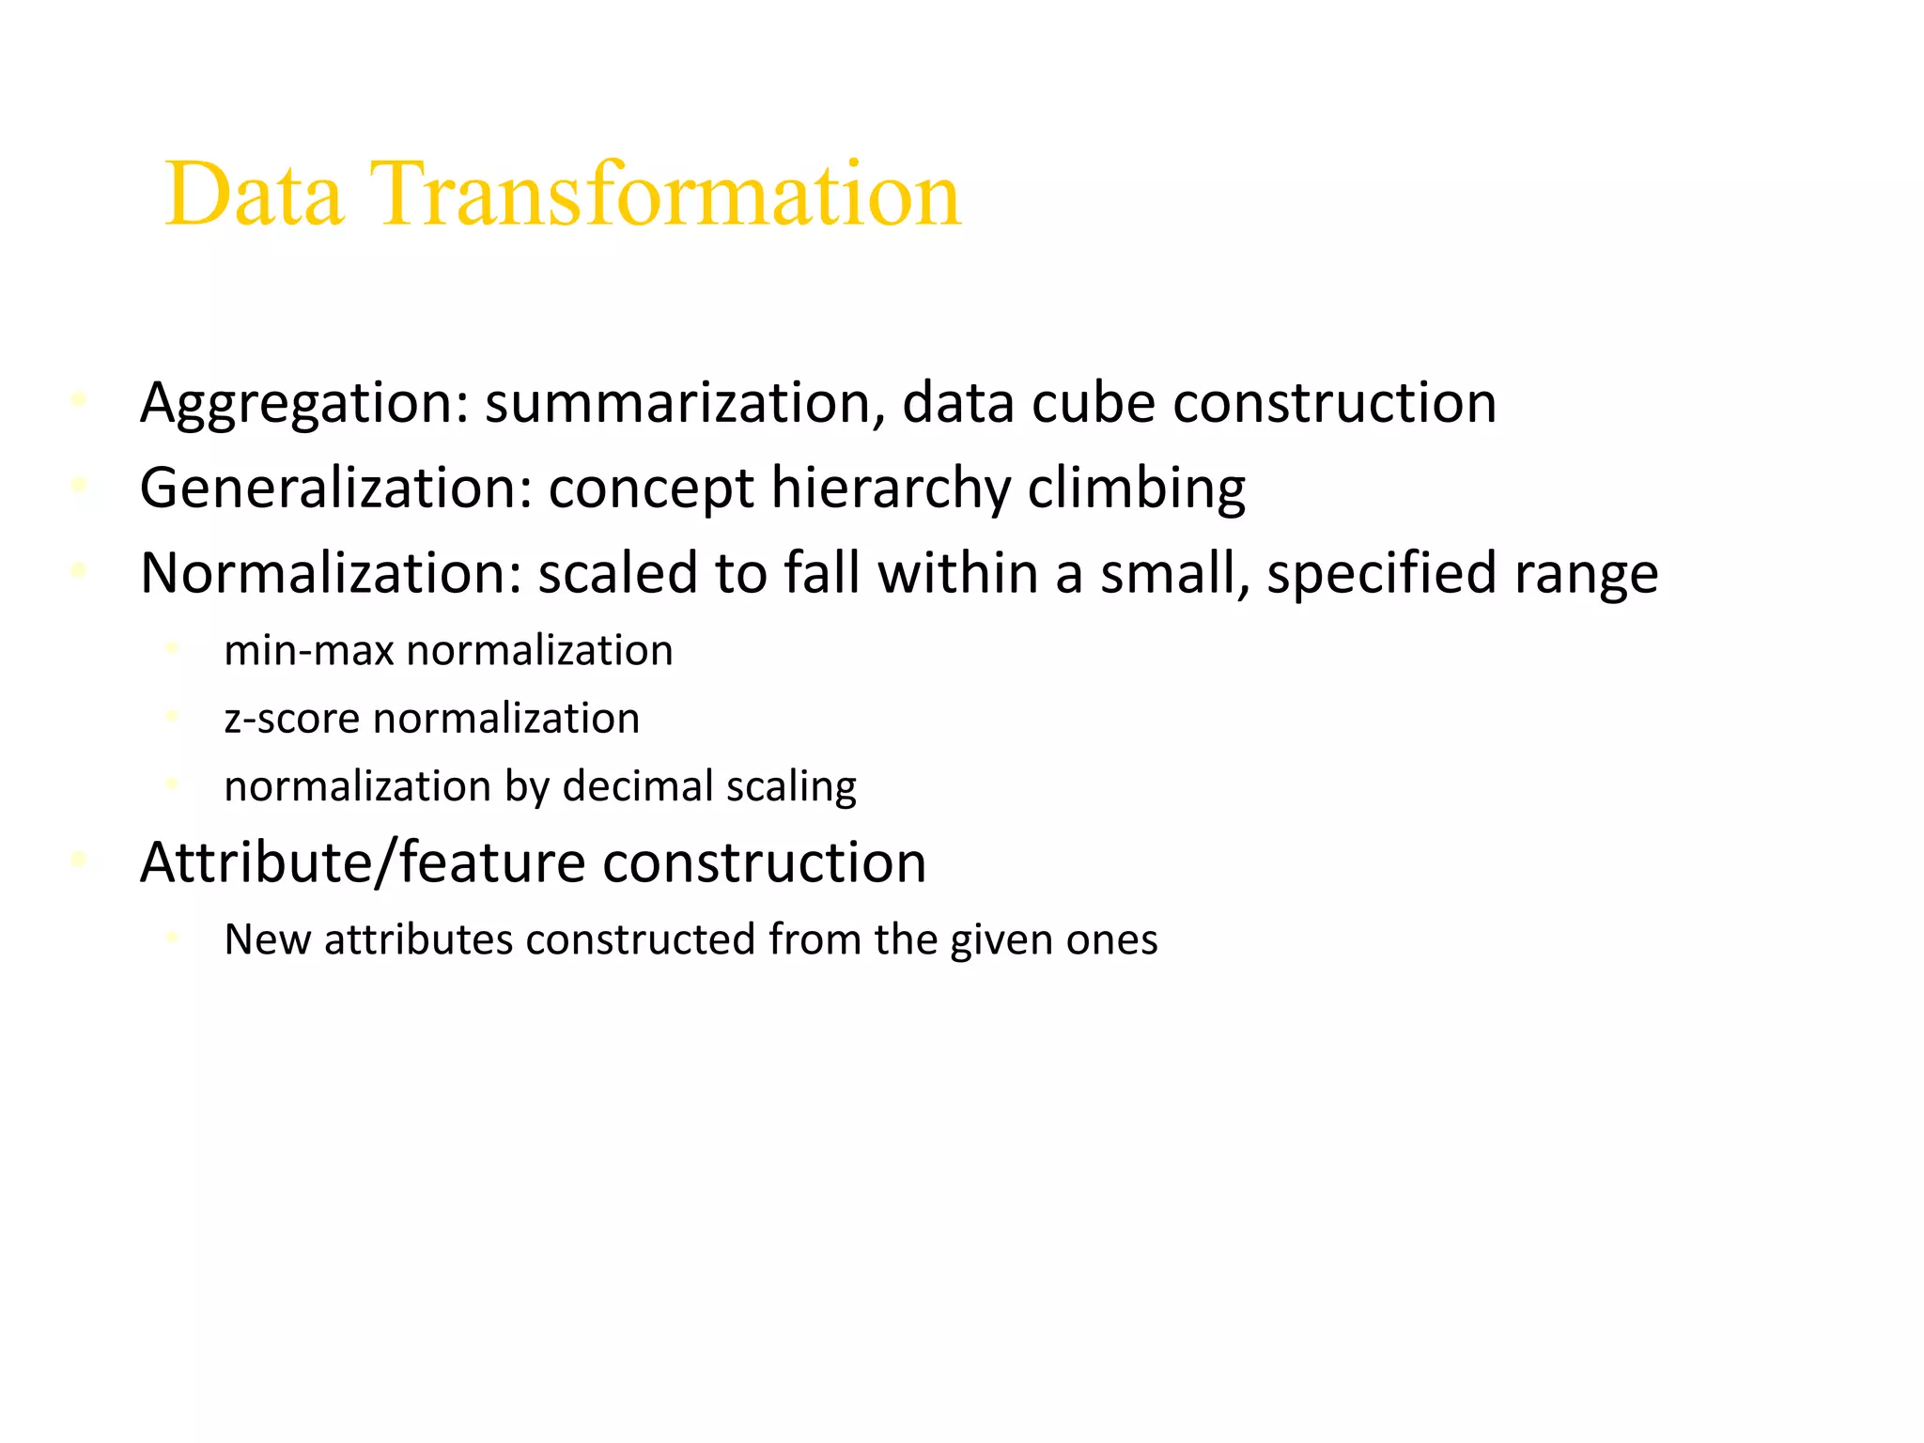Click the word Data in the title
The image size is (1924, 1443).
coord(254,194)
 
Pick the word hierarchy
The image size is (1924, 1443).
coord(891,489)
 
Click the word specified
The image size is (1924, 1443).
coord(1382,573)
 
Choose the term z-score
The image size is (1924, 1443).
coord(292,719)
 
